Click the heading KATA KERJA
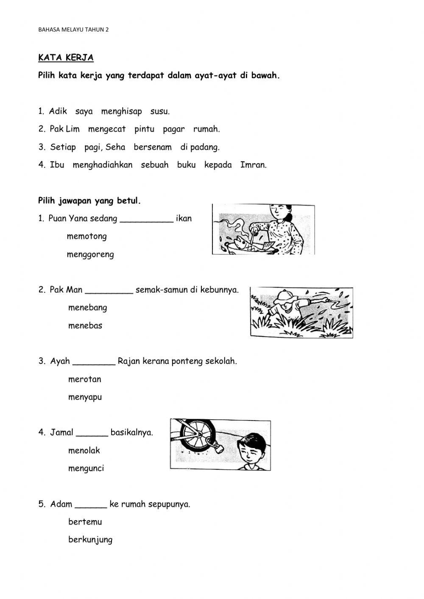[x=66, y=58]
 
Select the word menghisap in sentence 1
[x=121, y=111]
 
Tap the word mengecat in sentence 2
[x=107, y=129]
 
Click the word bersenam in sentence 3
[x=153, y=148]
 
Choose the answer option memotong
[x=86, y=237]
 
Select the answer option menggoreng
[x=90, y=255]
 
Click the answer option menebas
[x=85, y=326]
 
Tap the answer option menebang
[x=87, y=308]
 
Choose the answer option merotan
[x=84, y=379]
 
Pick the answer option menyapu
[x=85, y=398]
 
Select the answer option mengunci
[x=86, y=469]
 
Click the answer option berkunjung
[x=90, y=540]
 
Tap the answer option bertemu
[x=85, y=522]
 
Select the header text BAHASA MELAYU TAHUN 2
[x=73, y=30]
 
